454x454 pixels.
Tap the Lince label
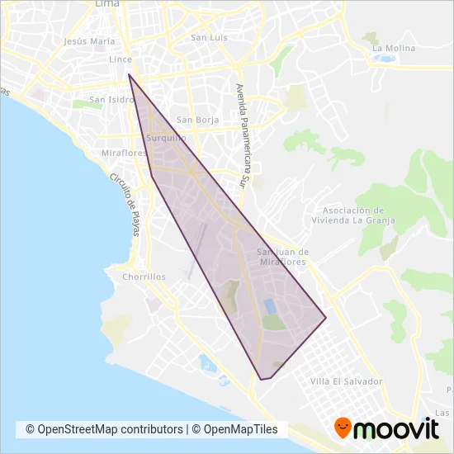121,60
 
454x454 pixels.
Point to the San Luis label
208,37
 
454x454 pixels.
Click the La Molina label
394,48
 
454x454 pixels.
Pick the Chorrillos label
144,277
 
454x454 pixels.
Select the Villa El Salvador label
347,381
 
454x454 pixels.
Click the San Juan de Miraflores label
282,256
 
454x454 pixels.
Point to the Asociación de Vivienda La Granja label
353,215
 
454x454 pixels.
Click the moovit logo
385,428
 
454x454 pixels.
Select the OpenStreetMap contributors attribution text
104,429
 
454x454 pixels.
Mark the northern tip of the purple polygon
129,75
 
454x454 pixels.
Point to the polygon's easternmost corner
326,318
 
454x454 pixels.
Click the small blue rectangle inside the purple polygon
270,305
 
